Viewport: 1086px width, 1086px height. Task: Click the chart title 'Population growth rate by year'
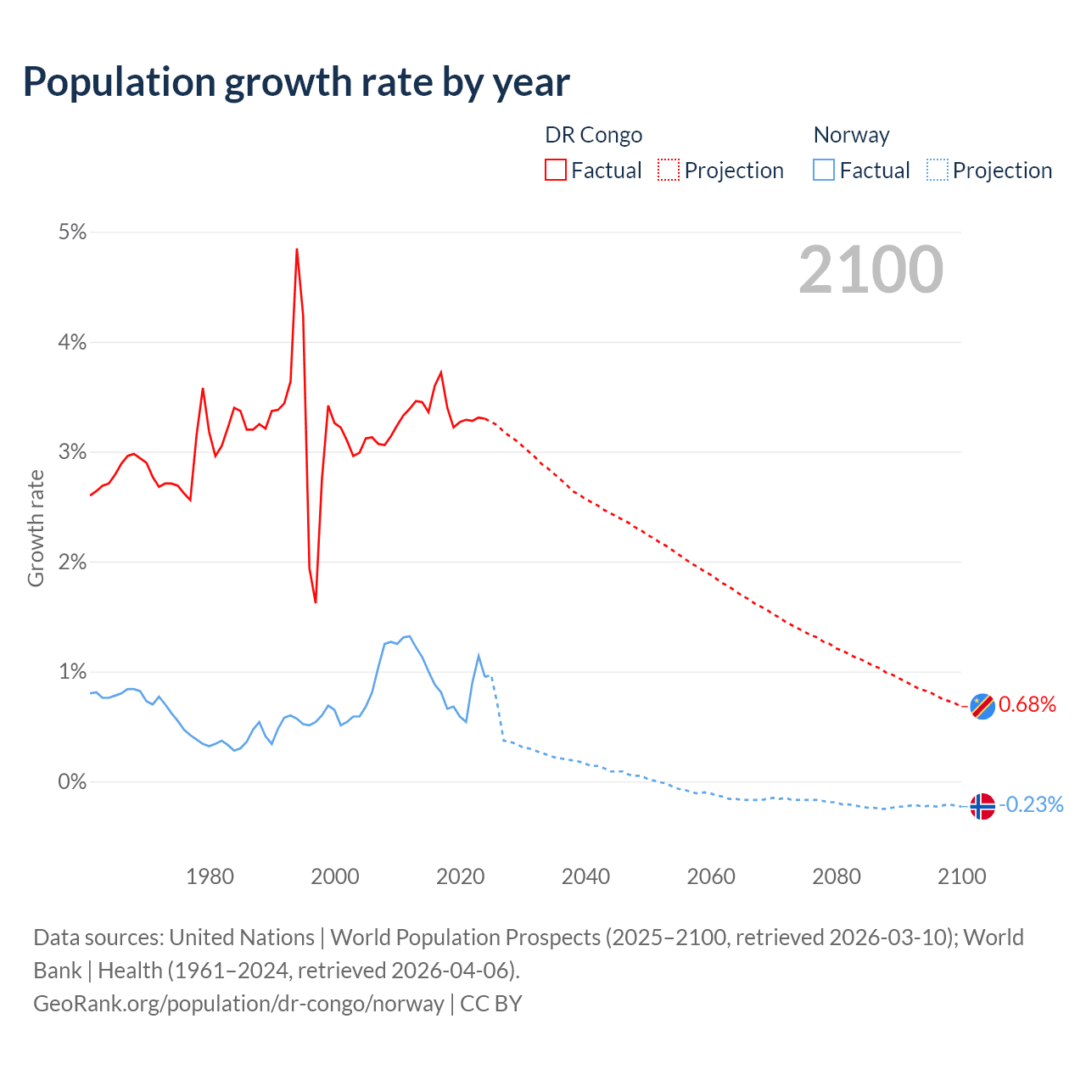(296, 82)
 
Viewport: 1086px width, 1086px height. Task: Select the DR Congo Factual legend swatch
(555, 170)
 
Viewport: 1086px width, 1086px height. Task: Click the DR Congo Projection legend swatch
(669, 170)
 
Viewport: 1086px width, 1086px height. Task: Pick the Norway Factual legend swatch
(824, 170)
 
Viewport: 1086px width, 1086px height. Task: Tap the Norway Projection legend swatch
(938, 170)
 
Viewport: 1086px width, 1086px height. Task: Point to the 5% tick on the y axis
(72, 232)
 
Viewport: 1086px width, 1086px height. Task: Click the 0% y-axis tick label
(72, 781)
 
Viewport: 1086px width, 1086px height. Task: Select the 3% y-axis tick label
(72, 452)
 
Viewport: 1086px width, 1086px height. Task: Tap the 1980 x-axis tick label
(210, 876)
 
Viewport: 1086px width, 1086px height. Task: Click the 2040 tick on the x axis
(585, 876)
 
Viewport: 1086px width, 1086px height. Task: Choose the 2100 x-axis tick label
(961, 876)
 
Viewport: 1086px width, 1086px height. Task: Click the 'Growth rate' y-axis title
(36, 528)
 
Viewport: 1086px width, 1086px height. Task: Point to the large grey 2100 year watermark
(870, 270)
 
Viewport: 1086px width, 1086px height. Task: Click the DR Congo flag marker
(982, 706)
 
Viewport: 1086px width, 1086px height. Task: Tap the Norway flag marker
(982, 806)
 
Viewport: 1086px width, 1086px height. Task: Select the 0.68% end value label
(1027, 704)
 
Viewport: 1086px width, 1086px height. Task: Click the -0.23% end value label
(1031, 804)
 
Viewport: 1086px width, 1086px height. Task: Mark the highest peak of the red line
(297, 249)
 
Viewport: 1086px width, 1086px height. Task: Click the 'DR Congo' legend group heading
(593, 135)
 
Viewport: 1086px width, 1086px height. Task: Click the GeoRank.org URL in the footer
(238, 1004)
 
